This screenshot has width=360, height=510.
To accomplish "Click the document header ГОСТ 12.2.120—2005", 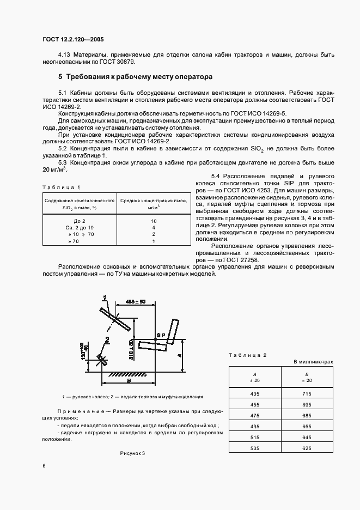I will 73,40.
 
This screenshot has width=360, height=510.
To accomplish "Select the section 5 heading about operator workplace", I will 136,77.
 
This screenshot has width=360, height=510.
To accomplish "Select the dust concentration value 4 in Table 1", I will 154,227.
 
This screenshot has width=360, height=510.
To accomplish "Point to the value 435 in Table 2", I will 255,393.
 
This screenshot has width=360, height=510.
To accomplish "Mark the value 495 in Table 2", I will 255,426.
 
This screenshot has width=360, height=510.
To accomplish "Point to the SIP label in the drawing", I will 161,335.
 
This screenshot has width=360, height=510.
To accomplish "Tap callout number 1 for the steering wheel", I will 104,297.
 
